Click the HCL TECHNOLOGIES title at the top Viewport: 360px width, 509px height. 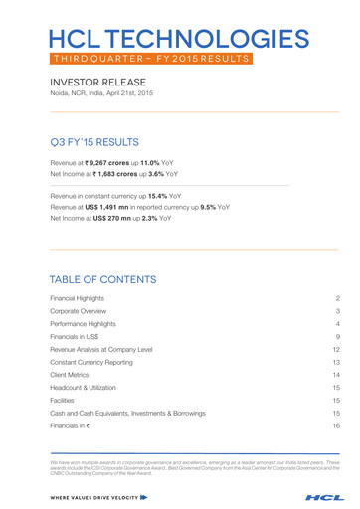click(x=179, y=39)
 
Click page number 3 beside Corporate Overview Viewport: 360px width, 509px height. click(x=338, y=312)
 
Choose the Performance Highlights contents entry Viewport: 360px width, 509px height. click(x=95, y=326)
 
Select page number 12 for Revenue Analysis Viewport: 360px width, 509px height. click(x=337, y=352)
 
